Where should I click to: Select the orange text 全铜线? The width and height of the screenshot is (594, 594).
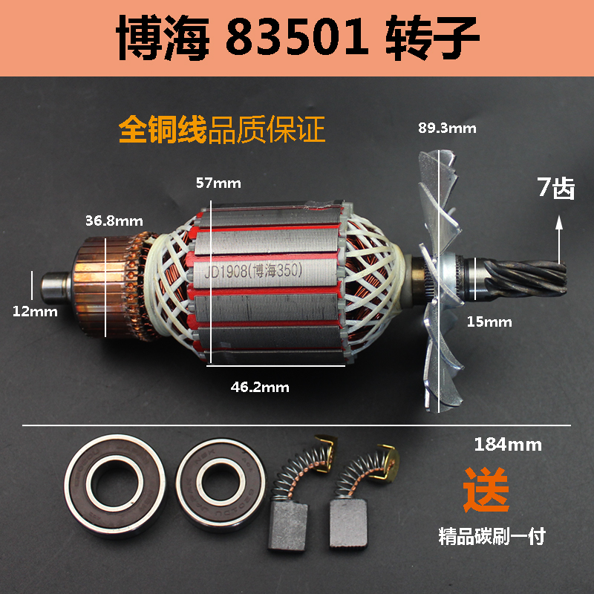(x=164, y=128)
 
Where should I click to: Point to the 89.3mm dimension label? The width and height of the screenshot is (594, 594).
(x=447, y=127)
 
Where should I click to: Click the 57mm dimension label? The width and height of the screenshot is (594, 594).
(x=218, y=182)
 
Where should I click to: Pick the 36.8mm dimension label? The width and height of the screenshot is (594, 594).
(x=114, y=221)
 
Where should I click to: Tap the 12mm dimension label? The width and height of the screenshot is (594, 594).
(x=33, y=311)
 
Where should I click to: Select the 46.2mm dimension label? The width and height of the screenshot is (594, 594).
(x=259, y=387)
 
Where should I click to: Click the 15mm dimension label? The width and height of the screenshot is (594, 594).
(x=490, y=322)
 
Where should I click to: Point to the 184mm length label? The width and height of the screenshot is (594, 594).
(x=508, y=445)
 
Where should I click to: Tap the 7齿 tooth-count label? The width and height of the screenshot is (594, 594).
(x=556, y=188)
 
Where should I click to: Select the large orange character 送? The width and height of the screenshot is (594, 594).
(x=486, y=489)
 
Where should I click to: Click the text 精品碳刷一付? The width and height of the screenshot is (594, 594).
(x=491, y=536)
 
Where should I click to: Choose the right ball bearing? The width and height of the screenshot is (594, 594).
(x=218, y=486)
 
